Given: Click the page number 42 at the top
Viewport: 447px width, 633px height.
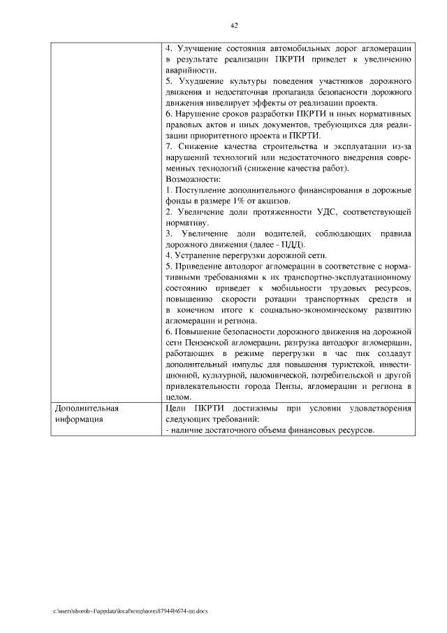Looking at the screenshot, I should (x=235, y=26).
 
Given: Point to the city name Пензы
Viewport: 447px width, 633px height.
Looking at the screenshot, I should (x=281, y=385).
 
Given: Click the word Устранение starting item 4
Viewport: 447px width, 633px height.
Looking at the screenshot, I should (x=203, y=255).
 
